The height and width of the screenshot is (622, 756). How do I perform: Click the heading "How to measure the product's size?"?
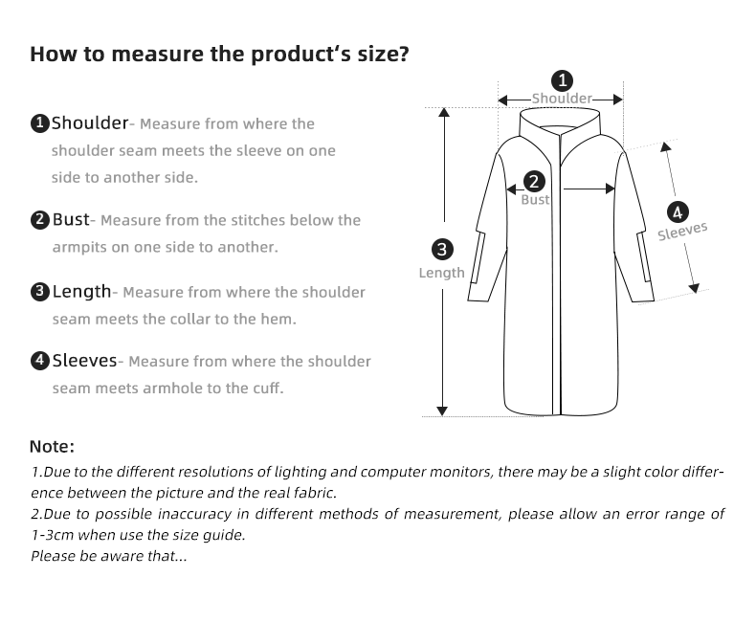[219, 54]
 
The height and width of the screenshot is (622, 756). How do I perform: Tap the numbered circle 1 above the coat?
[563, 80]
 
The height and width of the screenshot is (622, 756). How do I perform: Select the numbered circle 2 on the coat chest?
[534, 181]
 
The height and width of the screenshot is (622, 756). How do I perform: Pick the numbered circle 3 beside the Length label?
[442, 251]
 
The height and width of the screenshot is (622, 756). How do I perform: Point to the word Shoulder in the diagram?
[562, 99]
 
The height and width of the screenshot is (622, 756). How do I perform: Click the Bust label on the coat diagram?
[535, 200]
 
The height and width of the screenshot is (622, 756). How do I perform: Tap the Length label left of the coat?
[441, 273]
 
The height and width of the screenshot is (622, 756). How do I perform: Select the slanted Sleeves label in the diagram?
[682, 231]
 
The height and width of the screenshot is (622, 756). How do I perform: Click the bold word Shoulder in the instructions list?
[89, 122]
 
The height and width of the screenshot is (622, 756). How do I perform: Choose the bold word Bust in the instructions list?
[70, 219]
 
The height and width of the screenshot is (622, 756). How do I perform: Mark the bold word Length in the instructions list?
[81, 291]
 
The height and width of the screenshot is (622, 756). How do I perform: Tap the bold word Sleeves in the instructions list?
[84, 361]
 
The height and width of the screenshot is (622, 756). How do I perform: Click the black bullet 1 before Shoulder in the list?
[39, 123]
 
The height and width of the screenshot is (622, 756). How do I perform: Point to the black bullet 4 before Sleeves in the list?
[39, 362]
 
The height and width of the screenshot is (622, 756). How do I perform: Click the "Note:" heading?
[52, 446]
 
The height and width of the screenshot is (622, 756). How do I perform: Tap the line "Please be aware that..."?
[109, 555]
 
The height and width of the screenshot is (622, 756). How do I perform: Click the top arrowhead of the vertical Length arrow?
[443, 111]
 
